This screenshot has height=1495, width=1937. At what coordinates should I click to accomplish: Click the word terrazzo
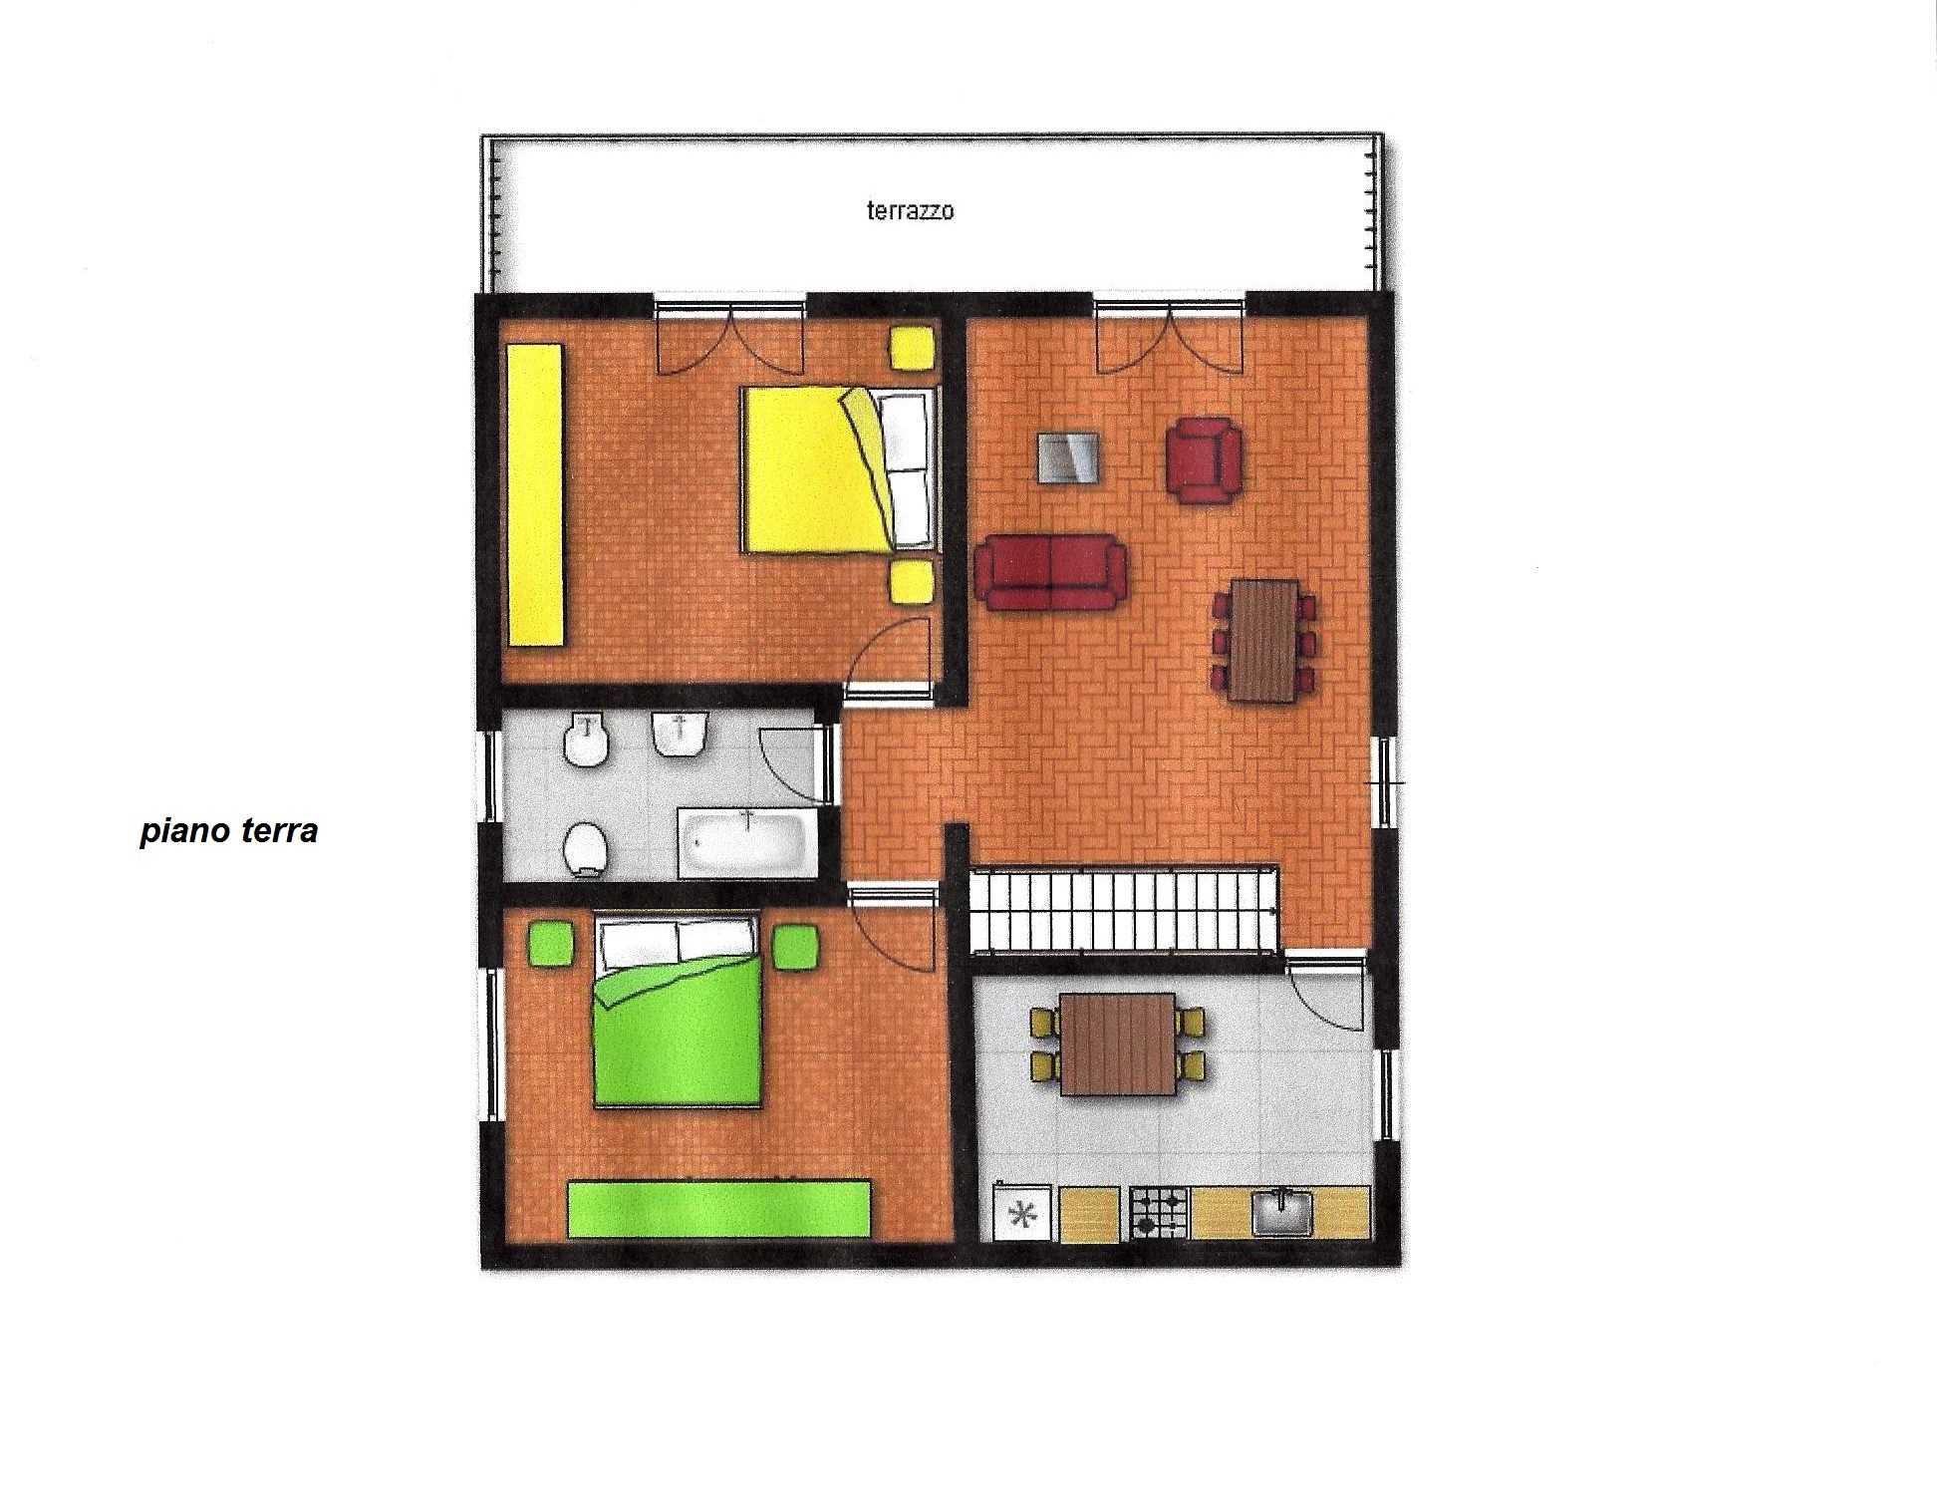[x=910, y=210]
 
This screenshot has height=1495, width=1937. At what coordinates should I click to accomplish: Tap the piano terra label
[x=229, y=830]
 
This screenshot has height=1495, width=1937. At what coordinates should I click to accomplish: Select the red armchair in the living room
[x=1204, y=459]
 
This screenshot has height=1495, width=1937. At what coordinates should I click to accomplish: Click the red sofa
[x=1051, y=571]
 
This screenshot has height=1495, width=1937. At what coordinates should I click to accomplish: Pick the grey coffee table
[x=1068, y=457]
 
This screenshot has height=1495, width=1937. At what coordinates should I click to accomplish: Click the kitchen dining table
[x=1117, y=1044]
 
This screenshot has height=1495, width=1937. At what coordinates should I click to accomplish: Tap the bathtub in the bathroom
[x=747, y=843]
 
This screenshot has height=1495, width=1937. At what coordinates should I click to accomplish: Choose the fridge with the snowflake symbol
[x=1022, y=1213]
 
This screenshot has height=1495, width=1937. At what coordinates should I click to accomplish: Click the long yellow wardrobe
[x=535, y=494]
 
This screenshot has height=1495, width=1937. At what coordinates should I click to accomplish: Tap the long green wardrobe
[x=719, y=1208]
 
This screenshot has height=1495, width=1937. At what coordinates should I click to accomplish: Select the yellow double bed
[x=839, y=468]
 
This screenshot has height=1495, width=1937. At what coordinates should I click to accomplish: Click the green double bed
[x=678, y=1011]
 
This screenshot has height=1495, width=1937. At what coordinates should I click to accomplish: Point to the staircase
[x=1124, y=908]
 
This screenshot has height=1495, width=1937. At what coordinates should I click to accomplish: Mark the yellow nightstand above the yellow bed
[x=912, y=348]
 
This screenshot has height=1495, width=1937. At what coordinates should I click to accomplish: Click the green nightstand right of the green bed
[x=795, y=945]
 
